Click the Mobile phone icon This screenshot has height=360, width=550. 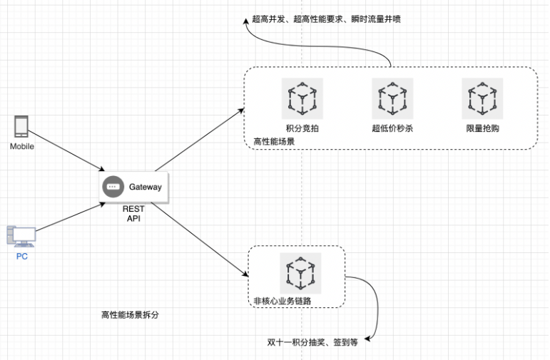click(21, 126)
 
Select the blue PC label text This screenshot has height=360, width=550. click(22, 256)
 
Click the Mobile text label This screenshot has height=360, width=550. click(22, 146)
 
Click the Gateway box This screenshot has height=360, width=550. click(134, 187)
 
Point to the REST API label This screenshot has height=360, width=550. click(133, 214)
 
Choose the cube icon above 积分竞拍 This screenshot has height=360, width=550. click(302, 98)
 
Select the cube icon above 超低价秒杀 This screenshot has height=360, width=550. click(392, 98)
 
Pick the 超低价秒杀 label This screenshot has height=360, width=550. click(392, 128)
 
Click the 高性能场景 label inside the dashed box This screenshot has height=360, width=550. click(274, 141)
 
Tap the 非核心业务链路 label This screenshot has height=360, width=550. click(282, 301)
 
